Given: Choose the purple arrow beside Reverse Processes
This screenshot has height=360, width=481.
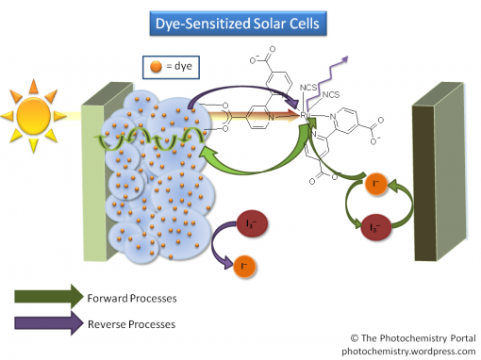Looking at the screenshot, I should (x=47, y=324).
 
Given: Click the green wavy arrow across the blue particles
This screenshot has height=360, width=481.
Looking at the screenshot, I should (x=151, y=143).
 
